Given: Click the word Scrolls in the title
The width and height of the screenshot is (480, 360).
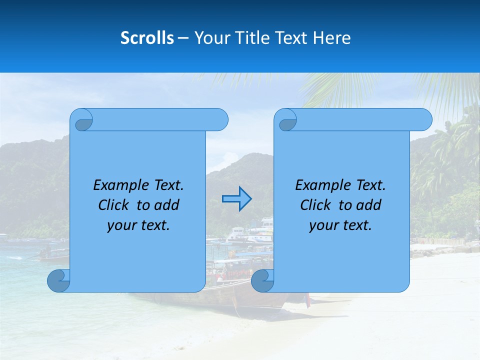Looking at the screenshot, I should [147, 38].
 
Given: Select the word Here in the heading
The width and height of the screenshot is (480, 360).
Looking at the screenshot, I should [331, 38].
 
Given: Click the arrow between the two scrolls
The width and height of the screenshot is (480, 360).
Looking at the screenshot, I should [236, 198].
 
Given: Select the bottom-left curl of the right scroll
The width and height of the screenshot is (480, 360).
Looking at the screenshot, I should [261, 281].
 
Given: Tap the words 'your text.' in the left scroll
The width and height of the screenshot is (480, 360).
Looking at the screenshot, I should [138, 225].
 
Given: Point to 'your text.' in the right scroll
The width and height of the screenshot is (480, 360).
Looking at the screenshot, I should [340, 225].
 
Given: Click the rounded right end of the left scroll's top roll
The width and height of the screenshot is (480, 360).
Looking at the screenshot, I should [220, 120].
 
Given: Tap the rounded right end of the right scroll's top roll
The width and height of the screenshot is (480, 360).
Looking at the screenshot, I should [424, 120].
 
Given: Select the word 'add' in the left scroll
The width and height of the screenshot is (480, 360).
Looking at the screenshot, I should [167, 205].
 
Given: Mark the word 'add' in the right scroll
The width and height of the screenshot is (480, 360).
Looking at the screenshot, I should [369, 205].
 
